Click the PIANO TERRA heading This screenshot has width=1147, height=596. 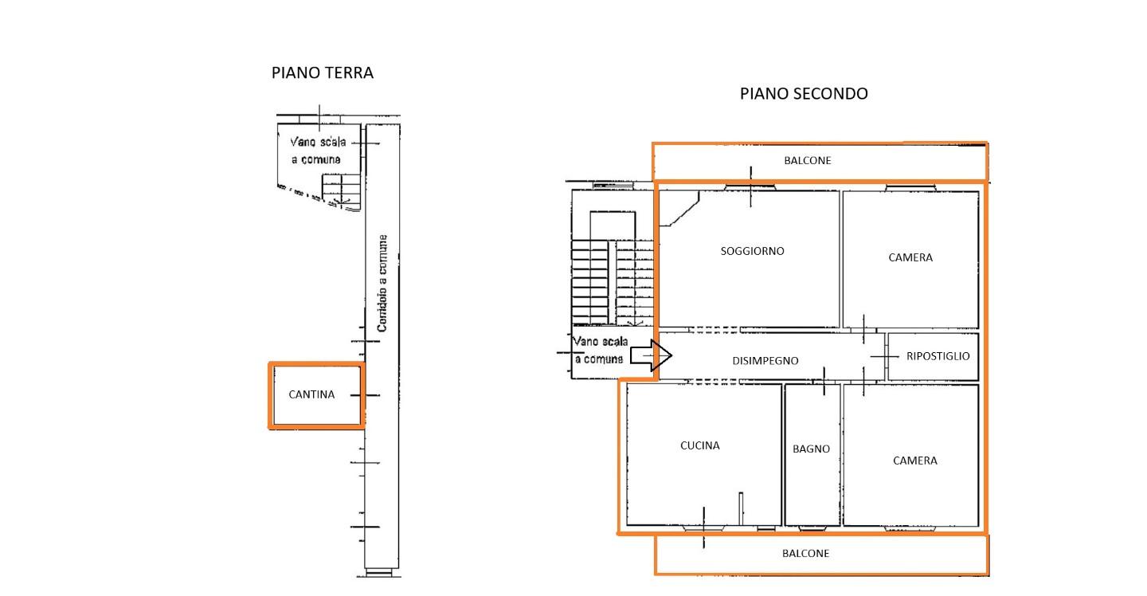[x=322, y=73]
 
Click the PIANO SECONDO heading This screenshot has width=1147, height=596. [x=804, y=94]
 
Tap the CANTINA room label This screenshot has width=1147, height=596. [x=311, y=394]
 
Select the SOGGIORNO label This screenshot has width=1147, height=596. [x=752, y=251]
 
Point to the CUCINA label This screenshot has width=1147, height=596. [x=699, y=445]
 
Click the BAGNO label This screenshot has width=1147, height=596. [x=811, y=449]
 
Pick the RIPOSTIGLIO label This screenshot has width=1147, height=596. [x=938, y=356]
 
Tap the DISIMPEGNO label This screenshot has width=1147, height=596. [x=765, y=360]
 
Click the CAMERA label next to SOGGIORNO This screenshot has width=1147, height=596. [x=910, y=257]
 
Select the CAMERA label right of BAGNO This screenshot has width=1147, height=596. [x=915, y=461]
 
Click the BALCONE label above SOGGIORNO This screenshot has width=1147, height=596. [x=808, y=161]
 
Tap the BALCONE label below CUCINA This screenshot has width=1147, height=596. [x=805, y=554]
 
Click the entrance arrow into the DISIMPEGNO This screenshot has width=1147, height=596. [x=651, y=355]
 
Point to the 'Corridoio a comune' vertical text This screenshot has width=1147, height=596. [x=382, y=283]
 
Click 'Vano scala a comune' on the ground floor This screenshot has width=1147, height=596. [x=318, y=151]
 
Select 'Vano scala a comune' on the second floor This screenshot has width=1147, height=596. [x=600, y=351]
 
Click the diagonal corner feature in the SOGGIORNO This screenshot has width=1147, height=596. [x=679, y=209]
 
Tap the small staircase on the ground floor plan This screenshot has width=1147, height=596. [x=341, y=191]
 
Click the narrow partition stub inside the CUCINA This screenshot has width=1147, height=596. [x=741, y=508]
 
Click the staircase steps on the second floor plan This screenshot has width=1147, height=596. [x=613, y=281]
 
